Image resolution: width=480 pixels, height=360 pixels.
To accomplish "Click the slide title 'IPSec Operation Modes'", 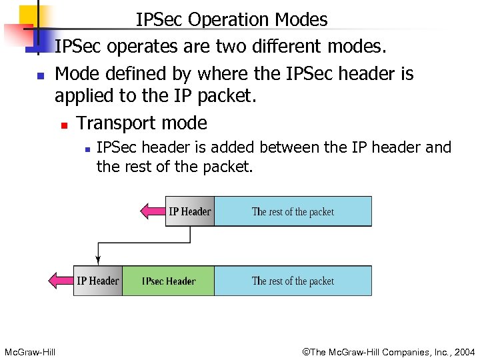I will click(x=231, y=20).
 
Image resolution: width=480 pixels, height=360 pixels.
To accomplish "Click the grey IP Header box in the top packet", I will click(x=189, y=212).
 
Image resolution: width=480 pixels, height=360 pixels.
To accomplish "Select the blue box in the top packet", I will click(x=293, y=212).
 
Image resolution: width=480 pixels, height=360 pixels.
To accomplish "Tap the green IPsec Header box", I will click(x=168, y=281).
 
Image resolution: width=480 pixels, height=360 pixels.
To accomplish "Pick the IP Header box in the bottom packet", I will click(x=98, y=281).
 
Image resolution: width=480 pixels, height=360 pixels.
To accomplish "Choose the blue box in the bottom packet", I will click(x=293, y=281).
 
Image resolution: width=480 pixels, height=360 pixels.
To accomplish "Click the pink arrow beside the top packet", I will click(x=153, y=212).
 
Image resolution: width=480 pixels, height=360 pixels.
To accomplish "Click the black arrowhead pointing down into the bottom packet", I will click(x=99, y=260).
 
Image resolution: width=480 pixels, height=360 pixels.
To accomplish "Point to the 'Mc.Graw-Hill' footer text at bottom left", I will click(x=29, y=351).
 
